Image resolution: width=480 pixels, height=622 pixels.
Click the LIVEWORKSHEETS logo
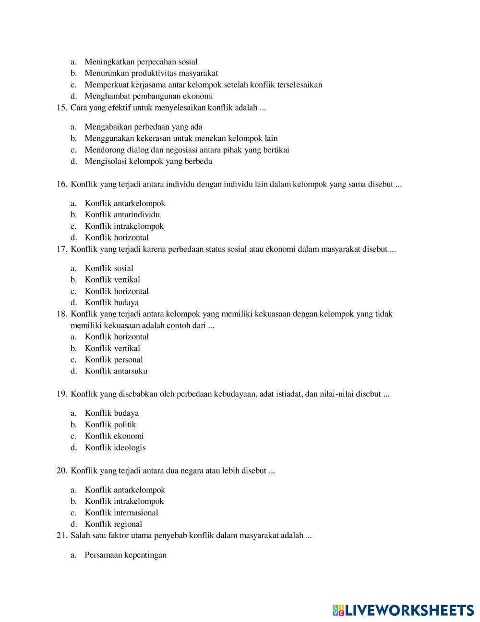[x=403, y=610]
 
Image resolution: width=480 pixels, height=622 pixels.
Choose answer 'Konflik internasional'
[x=121, y=513]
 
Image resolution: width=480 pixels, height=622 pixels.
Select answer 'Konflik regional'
[x=113, y=524]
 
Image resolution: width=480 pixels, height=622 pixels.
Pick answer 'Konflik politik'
[x=110, y=425]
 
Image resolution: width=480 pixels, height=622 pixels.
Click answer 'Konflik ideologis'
[x=115, y=448]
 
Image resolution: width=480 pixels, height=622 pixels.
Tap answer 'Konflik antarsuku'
[x=116, y=371]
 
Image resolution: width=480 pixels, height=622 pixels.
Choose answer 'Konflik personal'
[x=114, y=360]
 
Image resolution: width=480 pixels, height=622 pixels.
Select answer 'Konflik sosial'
[x=109, y=269]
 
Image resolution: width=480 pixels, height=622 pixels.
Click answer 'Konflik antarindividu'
[x=122, y=215]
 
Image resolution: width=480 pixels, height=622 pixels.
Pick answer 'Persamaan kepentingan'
[x=126, y=555]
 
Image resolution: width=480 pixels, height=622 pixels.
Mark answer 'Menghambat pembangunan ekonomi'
[x=149, y=96]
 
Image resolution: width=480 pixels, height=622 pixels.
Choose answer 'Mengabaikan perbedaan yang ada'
[x=144, y=127]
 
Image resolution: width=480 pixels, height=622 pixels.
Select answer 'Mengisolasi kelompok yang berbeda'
[x=148, y=162]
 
